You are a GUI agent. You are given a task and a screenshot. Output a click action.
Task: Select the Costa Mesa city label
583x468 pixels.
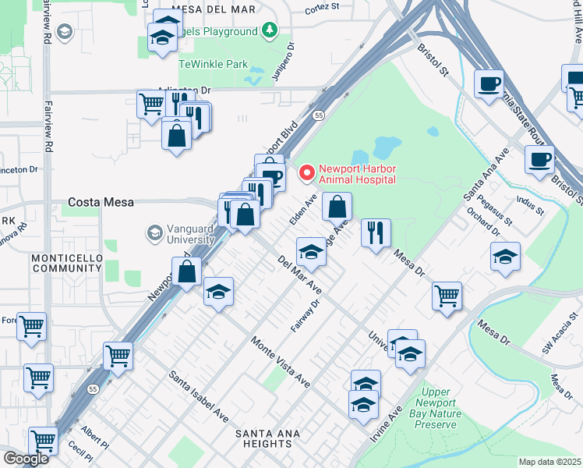[101, 202]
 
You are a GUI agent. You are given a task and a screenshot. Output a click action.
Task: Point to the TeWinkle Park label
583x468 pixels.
[214, 63]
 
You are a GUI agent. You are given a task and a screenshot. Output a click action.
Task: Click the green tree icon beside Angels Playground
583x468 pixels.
[270, 31]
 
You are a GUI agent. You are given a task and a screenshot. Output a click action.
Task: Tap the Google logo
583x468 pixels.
[26, 459]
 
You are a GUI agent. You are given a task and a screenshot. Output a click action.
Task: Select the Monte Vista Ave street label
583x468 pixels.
[280, 362]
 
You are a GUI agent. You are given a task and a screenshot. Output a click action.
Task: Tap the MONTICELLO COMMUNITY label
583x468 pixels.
[68, 263]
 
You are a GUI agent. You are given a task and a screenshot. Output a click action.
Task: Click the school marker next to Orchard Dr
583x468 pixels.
[505, 257]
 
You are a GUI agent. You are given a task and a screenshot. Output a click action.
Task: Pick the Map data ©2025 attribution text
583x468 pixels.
[549, 462]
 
